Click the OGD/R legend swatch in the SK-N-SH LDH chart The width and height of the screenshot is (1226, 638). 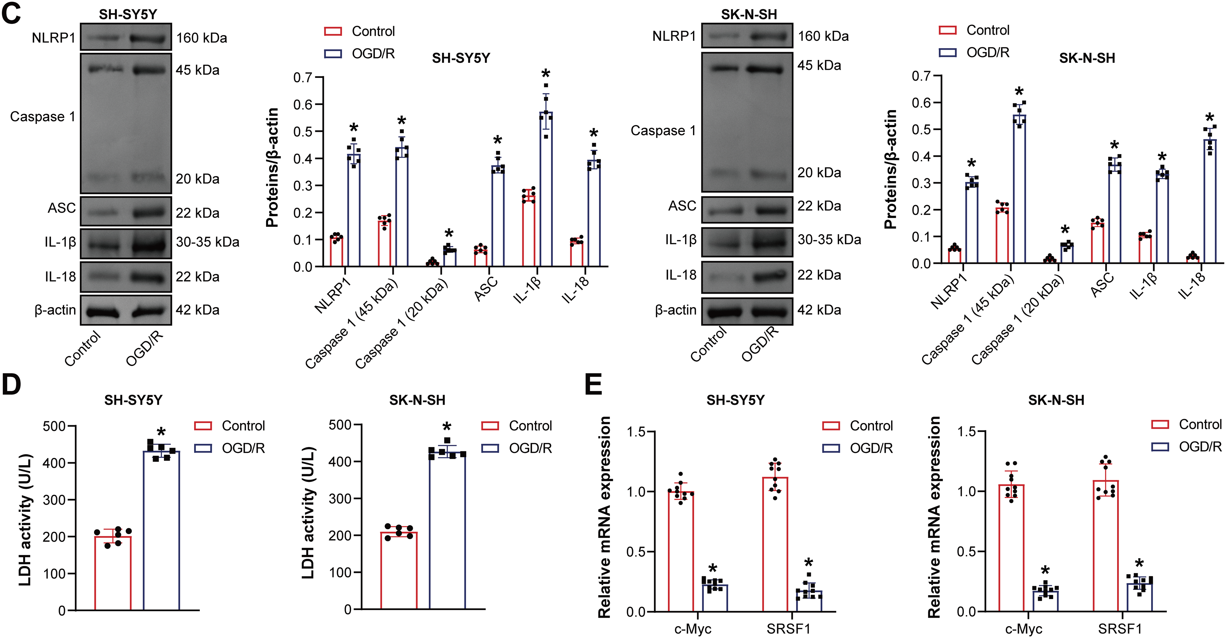click(x=490, y=448)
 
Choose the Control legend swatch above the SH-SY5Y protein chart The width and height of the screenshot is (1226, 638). click(x=333, y=32)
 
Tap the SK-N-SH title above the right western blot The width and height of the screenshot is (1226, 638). click(x=749, y=14)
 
